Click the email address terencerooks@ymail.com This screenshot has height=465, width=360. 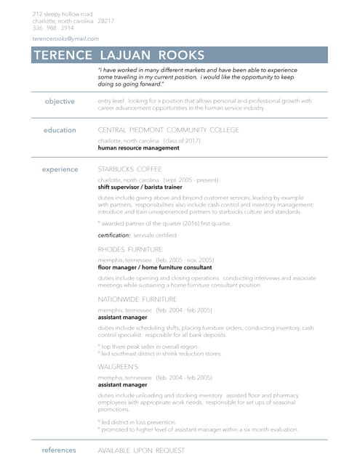pyautogui.click(x=65, y=39)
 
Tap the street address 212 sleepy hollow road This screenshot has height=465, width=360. pyautogui.click(x=63, y=14)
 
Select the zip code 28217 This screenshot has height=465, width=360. pyautogui.click(x=105, y=21)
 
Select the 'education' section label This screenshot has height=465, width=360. pyautogui.click(x=60, y=130)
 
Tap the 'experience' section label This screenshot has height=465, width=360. pyautogui.click(x=60, y=169)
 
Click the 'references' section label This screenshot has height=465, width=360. pyautogui.click(x=59, y=450)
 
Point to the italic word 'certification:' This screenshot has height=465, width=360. pyautogui.click(x=114, y=235)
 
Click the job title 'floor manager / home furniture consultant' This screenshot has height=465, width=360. pyautogui.click(x=154, y=267)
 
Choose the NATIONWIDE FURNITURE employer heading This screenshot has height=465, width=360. pyautogui.click(x=137, y=299)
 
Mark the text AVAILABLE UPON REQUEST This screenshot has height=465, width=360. pyautogui.click(x=141, y=450)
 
